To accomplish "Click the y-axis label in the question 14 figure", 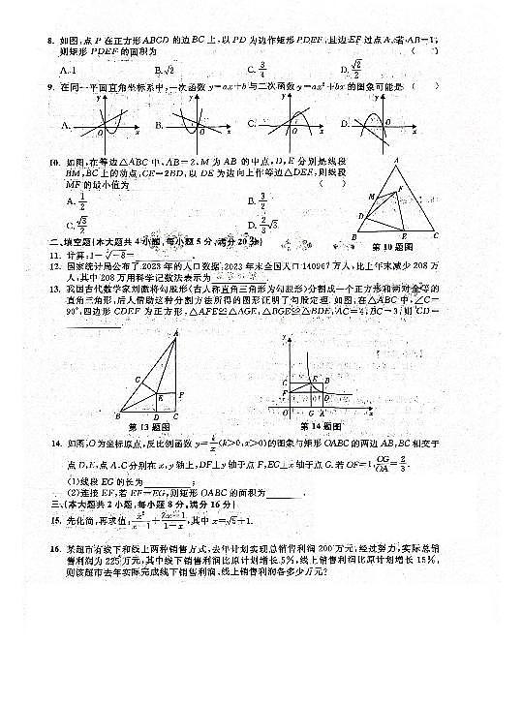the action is [285, 336].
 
